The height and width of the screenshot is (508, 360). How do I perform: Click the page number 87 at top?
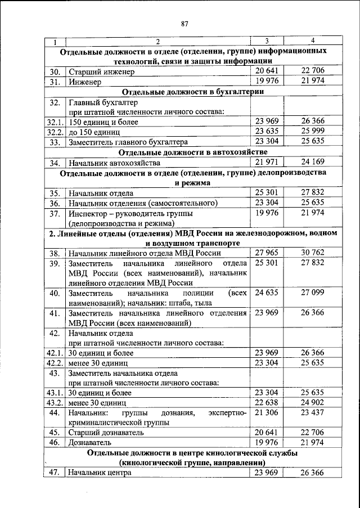pyautogui.click(x=184, y=23)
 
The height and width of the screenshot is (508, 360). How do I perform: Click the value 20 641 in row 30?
pyautogui.click(x=267, y=71)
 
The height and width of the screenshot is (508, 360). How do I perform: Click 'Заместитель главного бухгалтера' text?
pyautogui.click(x=128, y=142)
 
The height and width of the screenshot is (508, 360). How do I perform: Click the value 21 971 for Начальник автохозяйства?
pyautogui.click(x=267, y=163)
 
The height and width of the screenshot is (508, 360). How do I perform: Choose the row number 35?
pyautogui.click(x=55, y=193)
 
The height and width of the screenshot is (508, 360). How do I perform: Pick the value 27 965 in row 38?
pyautogui.click(x=267, y=254)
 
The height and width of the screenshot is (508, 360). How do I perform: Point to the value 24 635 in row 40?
pyautogui.click(x=267, y=293)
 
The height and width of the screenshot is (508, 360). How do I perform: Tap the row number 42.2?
pyautogui.click(x=55, y=363)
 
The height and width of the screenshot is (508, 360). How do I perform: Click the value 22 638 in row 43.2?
pyautogui.click(x=267, y=403)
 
